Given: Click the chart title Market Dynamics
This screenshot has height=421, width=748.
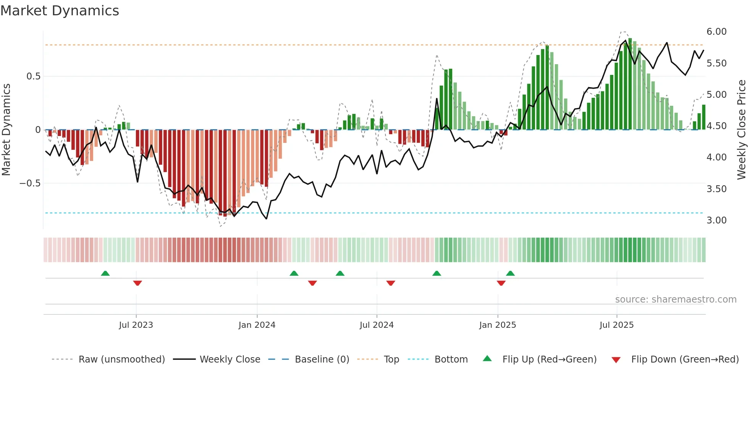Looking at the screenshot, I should click(x=60, y=11).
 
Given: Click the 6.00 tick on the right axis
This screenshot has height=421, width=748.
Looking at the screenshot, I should click(x=716, y=32).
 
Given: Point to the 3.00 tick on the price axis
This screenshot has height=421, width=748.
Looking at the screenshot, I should click(x=716, y=220).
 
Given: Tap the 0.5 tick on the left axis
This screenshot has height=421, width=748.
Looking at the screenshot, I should click(x=33, y=76).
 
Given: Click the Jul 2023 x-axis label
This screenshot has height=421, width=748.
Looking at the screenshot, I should click(x=136, y=325).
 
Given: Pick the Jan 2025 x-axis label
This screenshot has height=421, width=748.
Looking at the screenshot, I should click(x=497, y=325).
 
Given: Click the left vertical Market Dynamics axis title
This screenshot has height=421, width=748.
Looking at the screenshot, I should click(x=6, y=130).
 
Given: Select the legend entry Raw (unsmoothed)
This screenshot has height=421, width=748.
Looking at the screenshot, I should click(x=121, y=359).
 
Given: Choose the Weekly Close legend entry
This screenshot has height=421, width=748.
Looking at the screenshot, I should click(x=230, y=359).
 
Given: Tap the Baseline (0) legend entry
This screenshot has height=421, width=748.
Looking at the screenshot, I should click(x=322, y=359).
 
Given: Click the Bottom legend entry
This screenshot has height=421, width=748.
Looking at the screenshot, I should click(x=451, y=359).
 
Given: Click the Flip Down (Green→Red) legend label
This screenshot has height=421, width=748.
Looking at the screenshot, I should click(x=685, y=359).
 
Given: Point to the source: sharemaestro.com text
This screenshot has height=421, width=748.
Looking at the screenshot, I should click(x=675, y=300).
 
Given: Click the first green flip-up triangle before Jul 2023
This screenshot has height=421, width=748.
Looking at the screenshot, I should click(x=105, y=273).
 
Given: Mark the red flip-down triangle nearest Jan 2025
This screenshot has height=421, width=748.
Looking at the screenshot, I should click(x=501, y=283).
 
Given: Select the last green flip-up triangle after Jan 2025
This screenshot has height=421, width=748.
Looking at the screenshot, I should click(x=510, y=273).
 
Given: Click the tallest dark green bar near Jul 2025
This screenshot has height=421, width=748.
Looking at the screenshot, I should click(x=630, y=84).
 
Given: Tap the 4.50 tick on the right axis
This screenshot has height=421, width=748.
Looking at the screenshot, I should click(x=716, y=126).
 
